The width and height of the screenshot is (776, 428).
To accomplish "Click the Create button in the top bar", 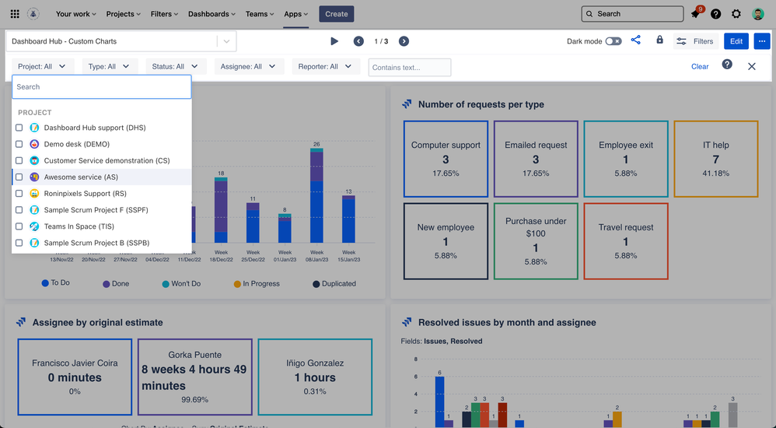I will [336, 14].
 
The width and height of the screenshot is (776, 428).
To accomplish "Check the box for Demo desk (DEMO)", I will [19, 144].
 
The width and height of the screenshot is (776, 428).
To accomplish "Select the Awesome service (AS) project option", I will [81, 177].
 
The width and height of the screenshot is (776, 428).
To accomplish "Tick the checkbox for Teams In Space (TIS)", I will [19, 226].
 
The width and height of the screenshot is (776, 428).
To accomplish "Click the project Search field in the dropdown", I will [101, 87].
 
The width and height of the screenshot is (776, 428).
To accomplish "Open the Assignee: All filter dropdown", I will [248, 67].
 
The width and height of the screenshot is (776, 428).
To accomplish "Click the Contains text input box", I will [410, 68].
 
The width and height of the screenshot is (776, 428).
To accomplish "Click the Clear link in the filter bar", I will [700, 67].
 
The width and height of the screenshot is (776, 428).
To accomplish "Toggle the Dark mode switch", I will [613, 41].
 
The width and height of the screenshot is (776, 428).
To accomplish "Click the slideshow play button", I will [334, 41].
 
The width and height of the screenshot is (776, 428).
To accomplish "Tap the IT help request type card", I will [715, 159].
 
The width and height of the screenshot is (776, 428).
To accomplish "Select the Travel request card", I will [625, 241].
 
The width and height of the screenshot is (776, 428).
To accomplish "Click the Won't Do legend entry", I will [181, 284].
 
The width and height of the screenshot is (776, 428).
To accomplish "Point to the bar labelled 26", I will [316, 196].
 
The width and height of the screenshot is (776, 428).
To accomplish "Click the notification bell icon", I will [695, 14].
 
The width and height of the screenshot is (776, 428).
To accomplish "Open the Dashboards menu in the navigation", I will [211, 14].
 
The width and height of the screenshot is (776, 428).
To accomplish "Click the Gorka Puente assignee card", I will [195, 377].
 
